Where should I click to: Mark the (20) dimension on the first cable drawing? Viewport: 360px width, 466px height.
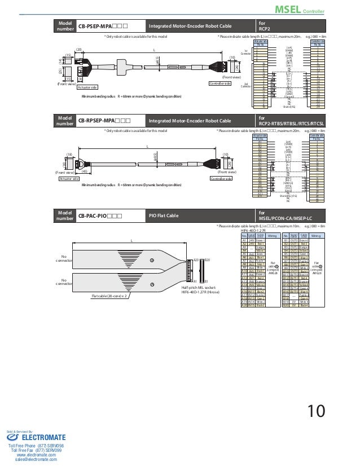point(79,50)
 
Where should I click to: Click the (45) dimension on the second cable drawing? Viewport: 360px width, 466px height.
point(85,171)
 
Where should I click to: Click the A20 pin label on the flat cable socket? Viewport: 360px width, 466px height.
point(196,260)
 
